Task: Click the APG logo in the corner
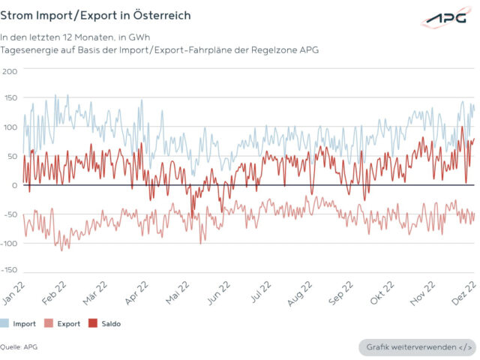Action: (x=445, y=17)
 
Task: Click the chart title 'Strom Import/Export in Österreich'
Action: (x=95, y=15)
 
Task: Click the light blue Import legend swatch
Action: (x=6, y=323)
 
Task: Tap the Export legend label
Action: (x=69, y=324)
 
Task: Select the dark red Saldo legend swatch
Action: (x=94, y=323)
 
